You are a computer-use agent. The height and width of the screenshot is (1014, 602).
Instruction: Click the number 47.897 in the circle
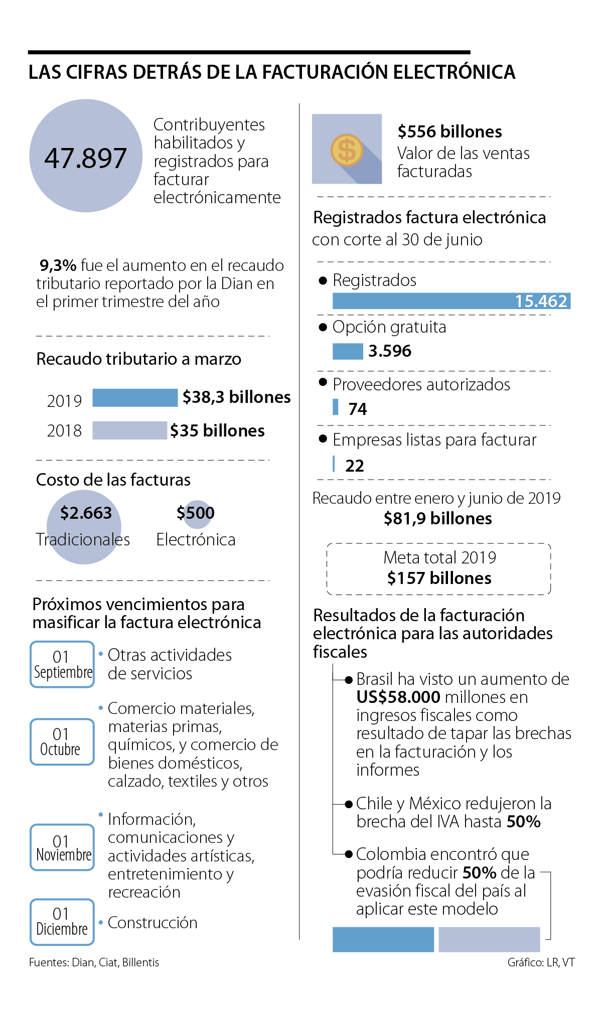tap(85, 158)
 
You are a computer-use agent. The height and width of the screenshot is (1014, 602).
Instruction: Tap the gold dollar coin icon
tap(347, 150)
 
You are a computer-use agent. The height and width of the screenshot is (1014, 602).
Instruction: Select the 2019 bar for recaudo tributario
tap(135, 397)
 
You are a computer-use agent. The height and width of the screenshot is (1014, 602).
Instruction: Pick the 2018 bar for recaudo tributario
tap(129, 430)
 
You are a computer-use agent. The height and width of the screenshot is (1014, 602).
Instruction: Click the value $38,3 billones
tap(236, 397)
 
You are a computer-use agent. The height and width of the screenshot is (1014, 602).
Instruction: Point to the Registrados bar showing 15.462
tap(451, 301)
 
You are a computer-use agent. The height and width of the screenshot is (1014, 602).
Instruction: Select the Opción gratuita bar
tap(348, 351)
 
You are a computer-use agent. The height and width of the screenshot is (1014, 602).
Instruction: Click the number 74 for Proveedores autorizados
tap(358, 409)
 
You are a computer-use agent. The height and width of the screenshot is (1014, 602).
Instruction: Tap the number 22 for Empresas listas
tap(355, 466)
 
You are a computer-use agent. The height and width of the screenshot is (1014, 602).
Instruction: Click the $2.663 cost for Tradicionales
tap(86, 513)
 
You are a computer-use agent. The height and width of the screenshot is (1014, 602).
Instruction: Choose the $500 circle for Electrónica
tap(196, 513)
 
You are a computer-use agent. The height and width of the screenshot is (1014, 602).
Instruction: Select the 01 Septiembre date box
tap(62, 664)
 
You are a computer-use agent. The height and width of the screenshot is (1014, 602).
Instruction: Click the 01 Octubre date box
tap(62, 742)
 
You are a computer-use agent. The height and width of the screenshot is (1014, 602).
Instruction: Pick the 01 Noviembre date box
tap(62, 847)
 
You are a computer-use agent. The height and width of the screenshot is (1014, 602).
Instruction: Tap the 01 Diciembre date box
tap(62, 922)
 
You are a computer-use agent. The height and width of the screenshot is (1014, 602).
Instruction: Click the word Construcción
tap(153, 923)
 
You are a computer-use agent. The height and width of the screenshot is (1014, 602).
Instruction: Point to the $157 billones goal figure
tap(439, 578)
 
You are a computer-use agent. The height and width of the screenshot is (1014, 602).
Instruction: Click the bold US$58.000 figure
tap(398, 697)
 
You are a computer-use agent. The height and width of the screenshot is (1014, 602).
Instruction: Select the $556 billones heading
tap(449, 131)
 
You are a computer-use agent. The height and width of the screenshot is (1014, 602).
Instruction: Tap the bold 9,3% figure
tap(58, 265)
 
